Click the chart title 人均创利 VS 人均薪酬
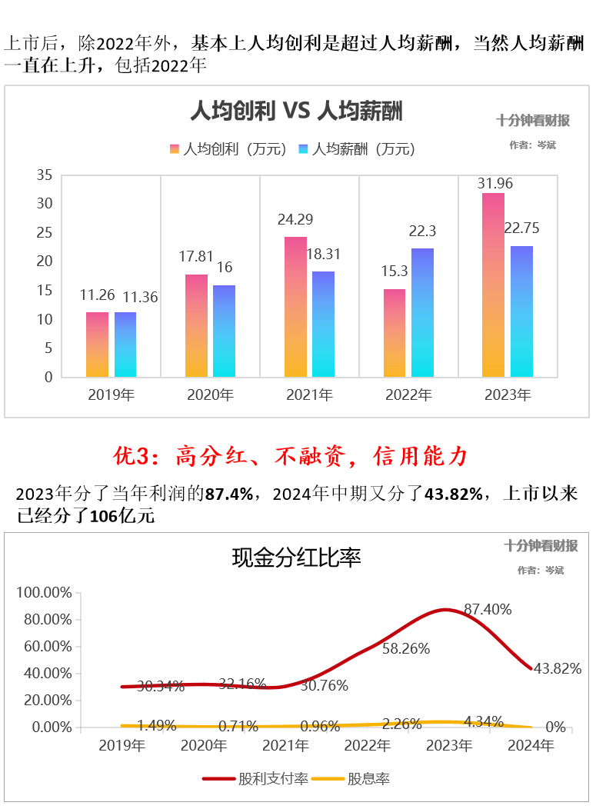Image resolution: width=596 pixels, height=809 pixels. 297,112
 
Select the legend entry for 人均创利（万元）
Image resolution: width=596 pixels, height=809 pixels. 228,149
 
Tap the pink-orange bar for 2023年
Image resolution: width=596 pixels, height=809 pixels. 493,285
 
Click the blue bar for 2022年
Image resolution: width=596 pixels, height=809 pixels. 422,312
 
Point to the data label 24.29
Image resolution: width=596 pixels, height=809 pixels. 295,220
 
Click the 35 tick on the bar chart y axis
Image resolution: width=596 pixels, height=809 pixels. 45,175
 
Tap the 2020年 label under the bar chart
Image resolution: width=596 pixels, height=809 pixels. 211,395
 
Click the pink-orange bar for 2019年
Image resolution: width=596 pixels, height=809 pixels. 97,345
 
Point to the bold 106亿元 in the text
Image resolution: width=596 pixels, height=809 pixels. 122,516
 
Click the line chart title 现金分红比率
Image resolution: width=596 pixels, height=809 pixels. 297,558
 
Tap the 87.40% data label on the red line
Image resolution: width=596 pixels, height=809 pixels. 488,609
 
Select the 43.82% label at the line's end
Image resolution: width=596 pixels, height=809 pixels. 557,668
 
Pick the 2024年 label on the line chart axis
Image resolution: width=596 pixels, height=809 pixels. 531,745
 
